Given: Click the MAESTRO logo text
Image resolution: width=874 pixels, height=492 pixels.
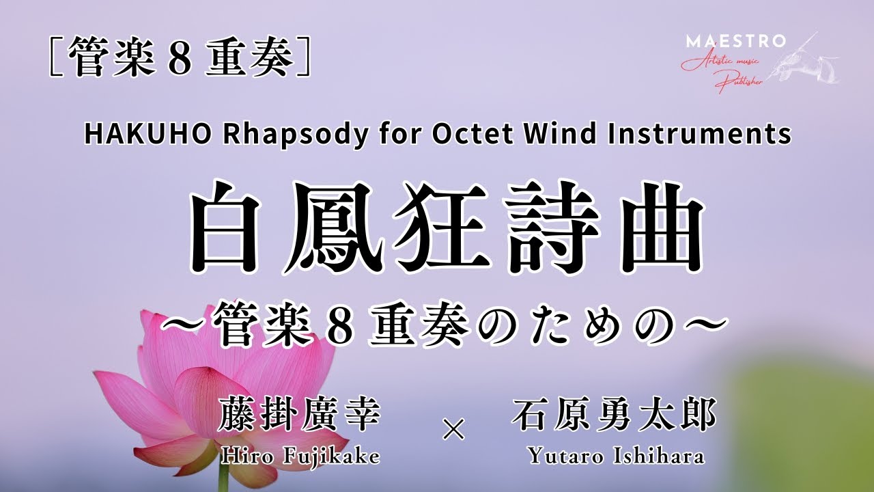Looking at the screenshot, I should coord(735,41).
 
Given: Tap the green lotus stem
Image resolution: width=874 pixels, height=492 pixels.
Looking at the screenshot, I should coord(223,482).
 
